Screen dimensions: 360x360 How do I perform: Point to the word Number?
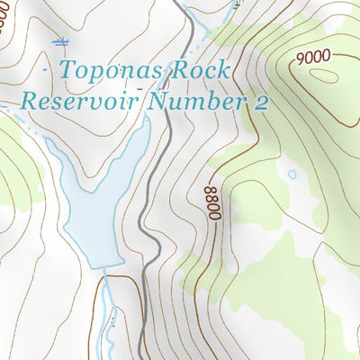199,100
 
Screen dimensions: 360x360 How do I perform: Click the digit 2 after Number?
261,101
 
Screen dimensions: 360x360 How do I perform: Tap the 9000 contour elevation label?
311,57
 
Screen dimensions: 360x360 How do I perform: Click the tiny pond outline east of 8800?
291,174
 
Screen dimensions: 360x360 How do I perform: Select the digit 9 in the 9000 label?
299,60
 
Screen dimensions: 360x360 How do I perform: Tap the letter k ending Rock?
226,70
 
